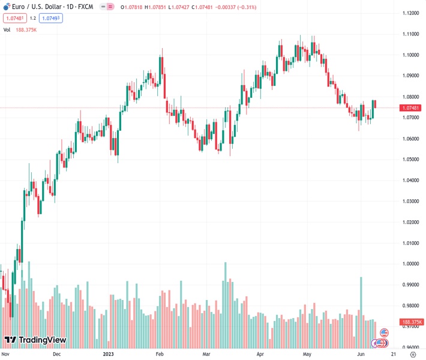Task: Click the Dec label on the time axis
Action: (x=57, y=354)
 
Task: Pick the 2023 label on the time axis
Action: (x=109, y=354)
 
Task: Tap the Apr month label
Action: (x=260, y=354)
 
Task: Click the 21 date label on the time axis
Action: (x=384, y=354)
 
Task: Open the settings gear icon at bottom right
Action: (x=412, y=354)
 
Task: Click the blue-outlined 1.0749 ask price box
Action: (x=51, y=18)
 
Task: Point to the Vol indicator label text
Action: (x=7, y=29)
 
